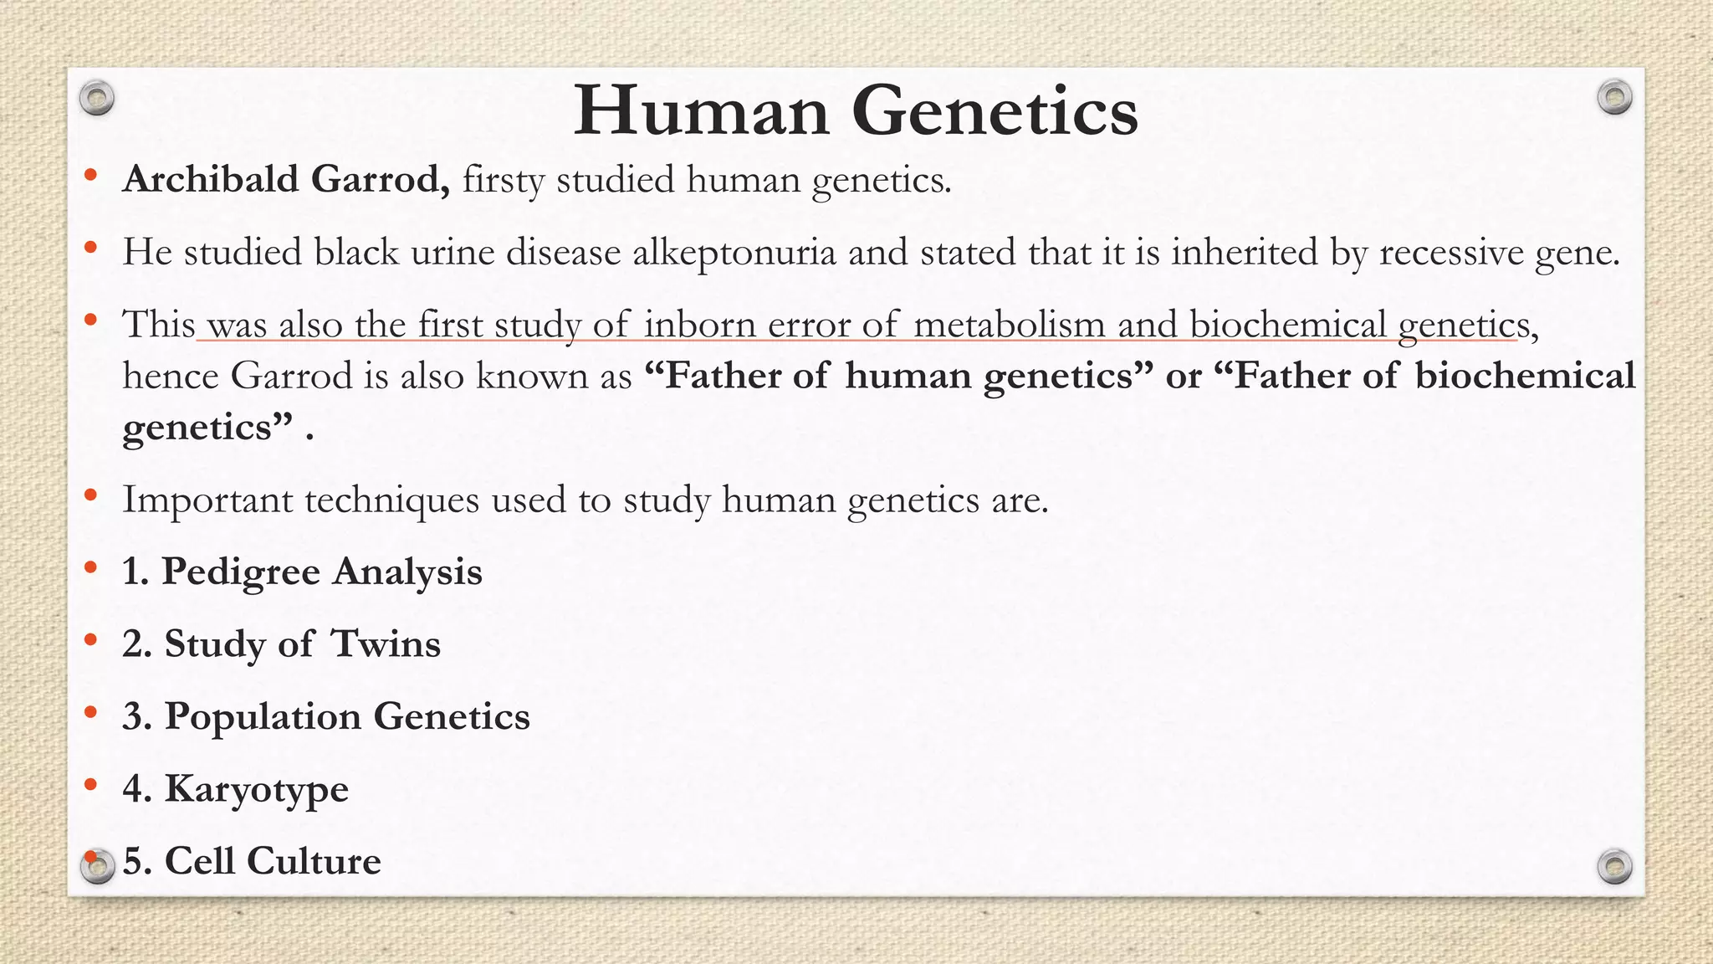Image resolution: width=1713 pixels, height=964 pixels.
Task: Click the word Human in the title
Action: coord(701,111)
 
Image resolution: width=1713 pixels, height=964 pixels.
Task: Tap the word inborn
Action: coord(699,325)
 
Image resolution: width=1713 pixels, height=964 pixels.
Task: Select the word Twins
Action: coord(386,644)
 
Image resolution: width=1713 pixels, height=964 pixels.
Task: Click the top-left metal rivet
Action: coord(97,98)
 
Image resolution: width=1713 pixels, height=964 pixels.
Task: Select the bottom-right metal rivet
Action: coord(1614,866)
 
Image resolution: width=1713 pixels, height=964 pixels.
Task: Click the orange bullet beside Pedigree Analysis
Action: coord(90,569)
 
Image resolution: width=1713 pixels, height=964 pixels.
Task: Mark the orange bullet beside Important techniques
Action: coord(90,497)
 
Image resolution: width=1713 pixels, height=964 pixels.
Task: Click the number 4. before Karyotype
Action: coord(136,789)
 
